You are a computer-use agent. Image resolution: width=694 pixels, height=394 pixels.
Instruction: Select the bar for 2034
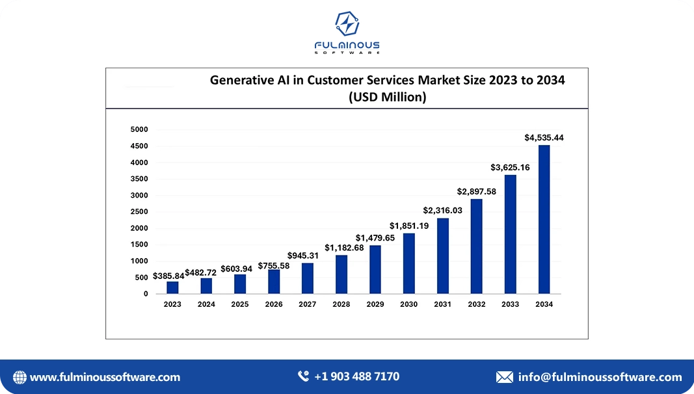point(544,219)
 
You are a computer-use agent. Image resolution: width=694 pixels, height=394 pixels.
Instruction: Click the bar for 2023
point(172,287)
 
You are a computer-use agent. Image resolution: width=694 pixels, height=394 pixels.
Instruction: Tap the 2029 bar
point(375,269)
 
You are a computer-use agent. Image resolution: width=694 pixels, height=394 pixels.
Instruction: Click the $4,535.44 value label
point(544,138)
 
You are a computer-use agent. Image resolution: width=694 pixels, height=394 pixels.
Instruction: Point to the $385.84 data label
point(168,276)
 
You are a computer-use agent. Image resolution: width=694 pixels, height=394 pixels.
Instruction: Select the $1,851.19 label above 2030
point(409,226)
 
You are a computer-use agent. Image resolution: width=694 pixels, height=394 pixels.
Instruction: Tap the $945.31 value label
point(303,256)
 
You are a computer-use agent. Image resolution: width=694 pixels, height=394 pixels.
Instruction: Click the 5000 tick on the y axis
point(140,129)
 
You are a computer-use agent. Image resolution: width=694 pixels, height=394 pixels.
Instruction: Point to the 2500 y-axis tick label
point(140,212)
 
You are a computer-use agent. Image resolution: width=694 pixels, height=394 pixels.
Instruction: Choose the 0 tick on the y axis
point(146,294)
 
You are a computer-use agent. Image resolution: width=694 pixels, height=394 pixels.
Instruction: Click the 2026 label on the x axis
point(274,304)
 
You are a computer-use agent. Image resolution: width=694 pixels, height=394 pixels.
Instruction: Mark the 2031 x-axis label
point(443,304)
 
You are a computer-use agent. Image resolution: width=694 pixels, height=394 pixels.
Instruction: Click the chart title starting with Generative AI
point(387,81)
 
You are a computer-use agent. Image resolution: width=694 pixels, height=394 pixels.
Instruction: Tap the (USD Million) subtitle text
point(387,98)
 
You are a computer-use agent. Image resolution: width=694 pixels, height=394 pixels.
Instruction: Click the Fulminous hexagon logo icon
point(347,24)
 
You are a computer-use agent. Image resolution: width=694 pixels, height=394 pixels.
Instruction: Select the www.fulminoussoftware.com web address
point(105,377)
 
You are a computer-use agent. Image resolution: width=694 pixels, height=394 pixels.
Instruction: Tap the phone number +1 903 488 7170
point(356,376)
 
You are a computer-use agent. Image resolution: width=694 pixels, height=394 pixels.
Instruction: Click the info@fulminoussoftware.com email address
point(600,377)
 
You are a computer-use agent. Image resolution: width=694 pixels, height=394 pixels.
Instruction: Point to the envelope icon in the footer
point(504,377)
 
